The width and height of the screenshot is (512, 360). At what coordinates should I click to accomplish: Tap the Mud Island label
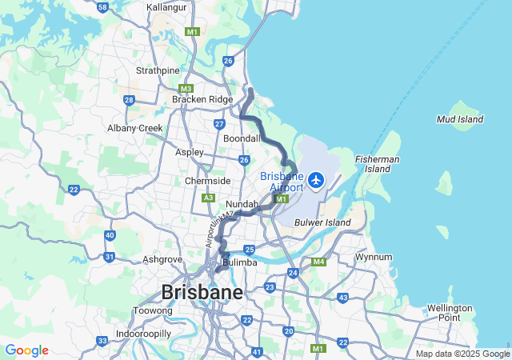[x=459, y=119]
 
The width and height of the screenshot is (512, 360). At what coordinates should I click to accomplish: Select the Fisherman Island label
[x=378, y=164]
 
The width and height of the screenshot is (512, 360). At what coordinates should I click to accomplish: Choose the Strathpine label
[x=158, y=70]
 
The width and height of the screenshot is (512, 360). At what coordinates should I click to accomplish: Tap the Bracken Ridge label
[x=202, y=99]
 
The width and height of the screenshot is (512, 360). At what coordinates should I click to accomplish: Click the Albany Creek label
[x=135, y=128]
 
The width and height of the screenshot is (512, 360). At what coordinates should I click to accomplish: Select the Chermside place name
[x=208, y=181]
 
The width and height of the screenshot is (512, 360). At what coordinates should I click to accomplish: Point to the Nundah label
[x=242, y=205]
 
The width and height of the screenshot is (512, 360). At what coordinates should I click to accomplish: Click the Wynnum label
[x=374, y=258]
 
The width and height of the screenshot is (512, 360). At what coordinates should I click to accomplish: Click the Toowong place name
[x=153, y=310]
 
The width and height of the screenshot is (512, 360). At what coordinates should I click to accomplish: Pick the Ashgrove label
[x=162, y=259]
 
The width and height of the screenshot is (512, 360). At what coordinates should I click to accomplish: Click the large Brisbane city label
[x=202, y=292]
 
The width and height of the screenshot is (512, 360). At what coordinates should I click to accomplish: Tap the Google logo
[x=26, y=350]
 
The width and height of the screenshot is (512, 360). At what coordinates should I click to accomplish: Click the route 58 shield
[x=102, y=6]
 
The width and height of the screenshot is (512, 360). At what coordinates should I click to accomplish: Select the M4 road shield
[x=318, y=262]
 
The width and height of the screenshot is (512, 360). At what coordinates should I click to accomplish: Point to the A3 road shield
[x=209, y=197]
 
